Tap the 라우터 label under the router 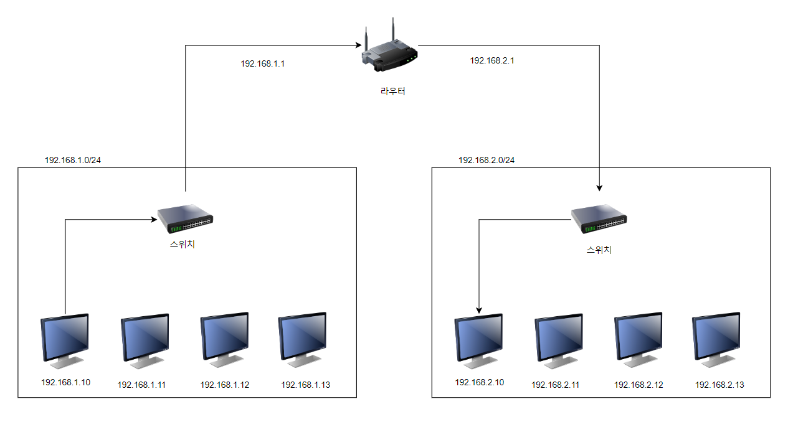tap(392, 91)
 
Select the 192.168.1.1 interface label tap(262, 63)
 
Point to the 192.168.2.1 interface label tap(491, 60)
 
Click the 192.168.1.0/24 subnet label tap(73, 160)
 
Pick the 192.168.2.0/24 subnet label tap(487, 160)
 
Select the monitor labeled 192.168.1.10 tap(65, 339)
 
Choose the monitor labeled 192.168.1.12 tap(224, 339)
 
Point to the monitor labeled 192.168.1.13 tap(303, 339)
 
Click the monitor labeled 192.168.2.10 tap(479, 339)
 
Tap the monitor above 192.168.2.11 tap(559, 340)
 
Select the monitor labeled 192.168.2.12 tap(638, 339)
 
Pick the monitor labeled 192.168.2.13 tap(716, 339)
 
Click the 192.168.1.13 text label tap(306, 385)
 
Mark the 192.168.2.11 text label tap(555, 385)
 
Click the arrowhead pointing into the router tap(358, 45)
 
